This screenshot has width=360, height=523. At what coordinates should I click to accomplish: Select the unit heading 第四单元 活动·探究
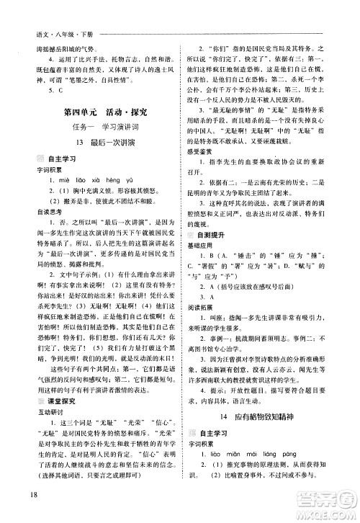tap(99, 112)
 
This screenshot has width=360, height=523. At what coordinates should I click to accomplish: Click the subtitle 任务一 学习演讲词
tap(99, 130)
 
